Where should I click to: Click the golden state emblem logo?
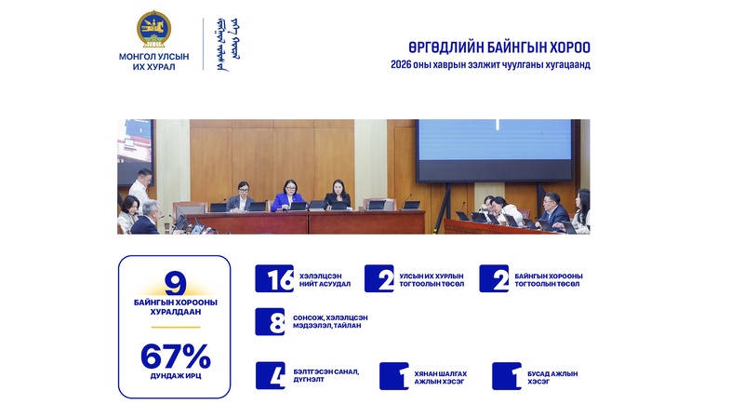tap(153, 29)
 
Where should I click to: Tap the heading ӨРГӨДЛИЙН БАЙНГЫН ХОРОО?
tap(499, 47)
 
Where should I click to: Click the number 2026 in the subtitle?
tap(401, 64)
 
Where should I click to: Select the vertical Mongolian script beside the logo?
tap(228, 44)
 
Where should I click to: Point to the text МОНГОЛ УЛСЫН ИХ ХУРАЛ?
tap(153, 61)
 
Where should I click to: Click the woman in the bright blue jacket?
tap(288, 196)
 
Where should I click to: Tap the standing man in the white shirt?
tap(142, 188)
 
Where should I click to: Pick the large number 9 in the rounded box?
tap(175, 283)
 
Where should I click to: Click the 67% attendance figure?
tap(176, 357)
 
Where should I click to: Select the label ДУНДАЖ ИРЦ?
tap(176, 376)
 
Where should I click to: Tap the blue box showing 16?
tap(274, 278)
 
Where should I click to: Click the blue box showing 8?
tap(270, 321)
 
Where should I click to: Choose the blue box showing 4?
tap(271, 376)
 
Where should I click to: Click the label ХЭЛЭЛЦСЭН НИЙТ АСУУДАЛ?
tap(325, 280)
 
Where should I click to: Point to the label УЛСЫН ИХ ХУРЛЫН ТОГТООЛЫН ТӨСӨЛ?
tap(432, 280)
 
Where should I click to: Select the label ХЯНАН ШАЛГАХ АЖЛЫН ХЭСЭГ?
tap(440, 378)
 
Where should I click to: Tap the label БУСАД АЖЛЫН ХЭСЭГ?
tap(552, 378)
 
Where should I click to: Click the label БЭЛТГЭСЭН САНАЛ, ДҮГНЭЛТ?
tap(326, 376)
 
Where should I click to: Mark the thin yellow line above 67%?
tap(176, 328)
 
